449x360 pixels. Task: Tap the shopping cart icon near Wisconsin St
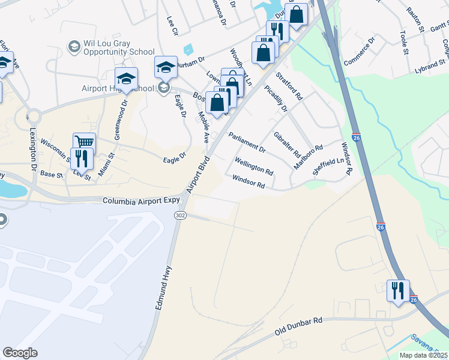(85, 142)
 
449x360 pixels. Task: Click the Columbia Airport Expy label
(141, 201)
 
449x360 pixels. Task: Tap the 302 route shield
(180, 215)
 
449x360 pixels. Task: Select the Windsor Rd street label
(249, 182)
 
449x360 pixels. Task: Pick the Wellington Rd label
(255, 166)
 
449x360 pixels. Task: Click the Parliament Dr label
(246, 142)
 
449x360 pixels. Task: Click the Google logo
(20, 353)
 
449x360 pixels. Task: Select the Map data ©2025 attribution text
(423, 355)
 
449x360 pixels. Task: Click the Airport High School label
(118, 88)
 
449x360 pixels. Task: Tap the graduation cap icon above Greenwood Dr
(127, 77)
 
